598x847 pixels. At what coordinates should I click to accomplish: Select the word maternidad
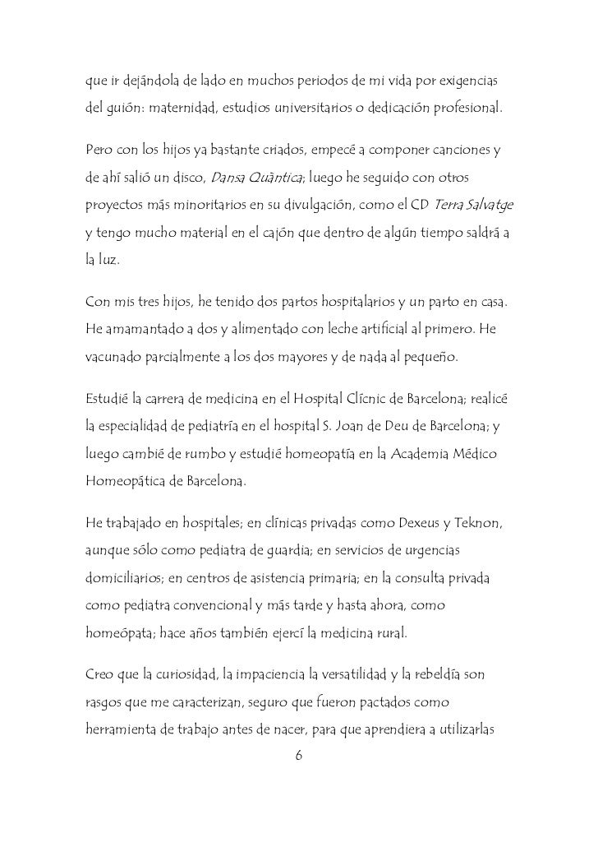(x=169, y=109)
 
